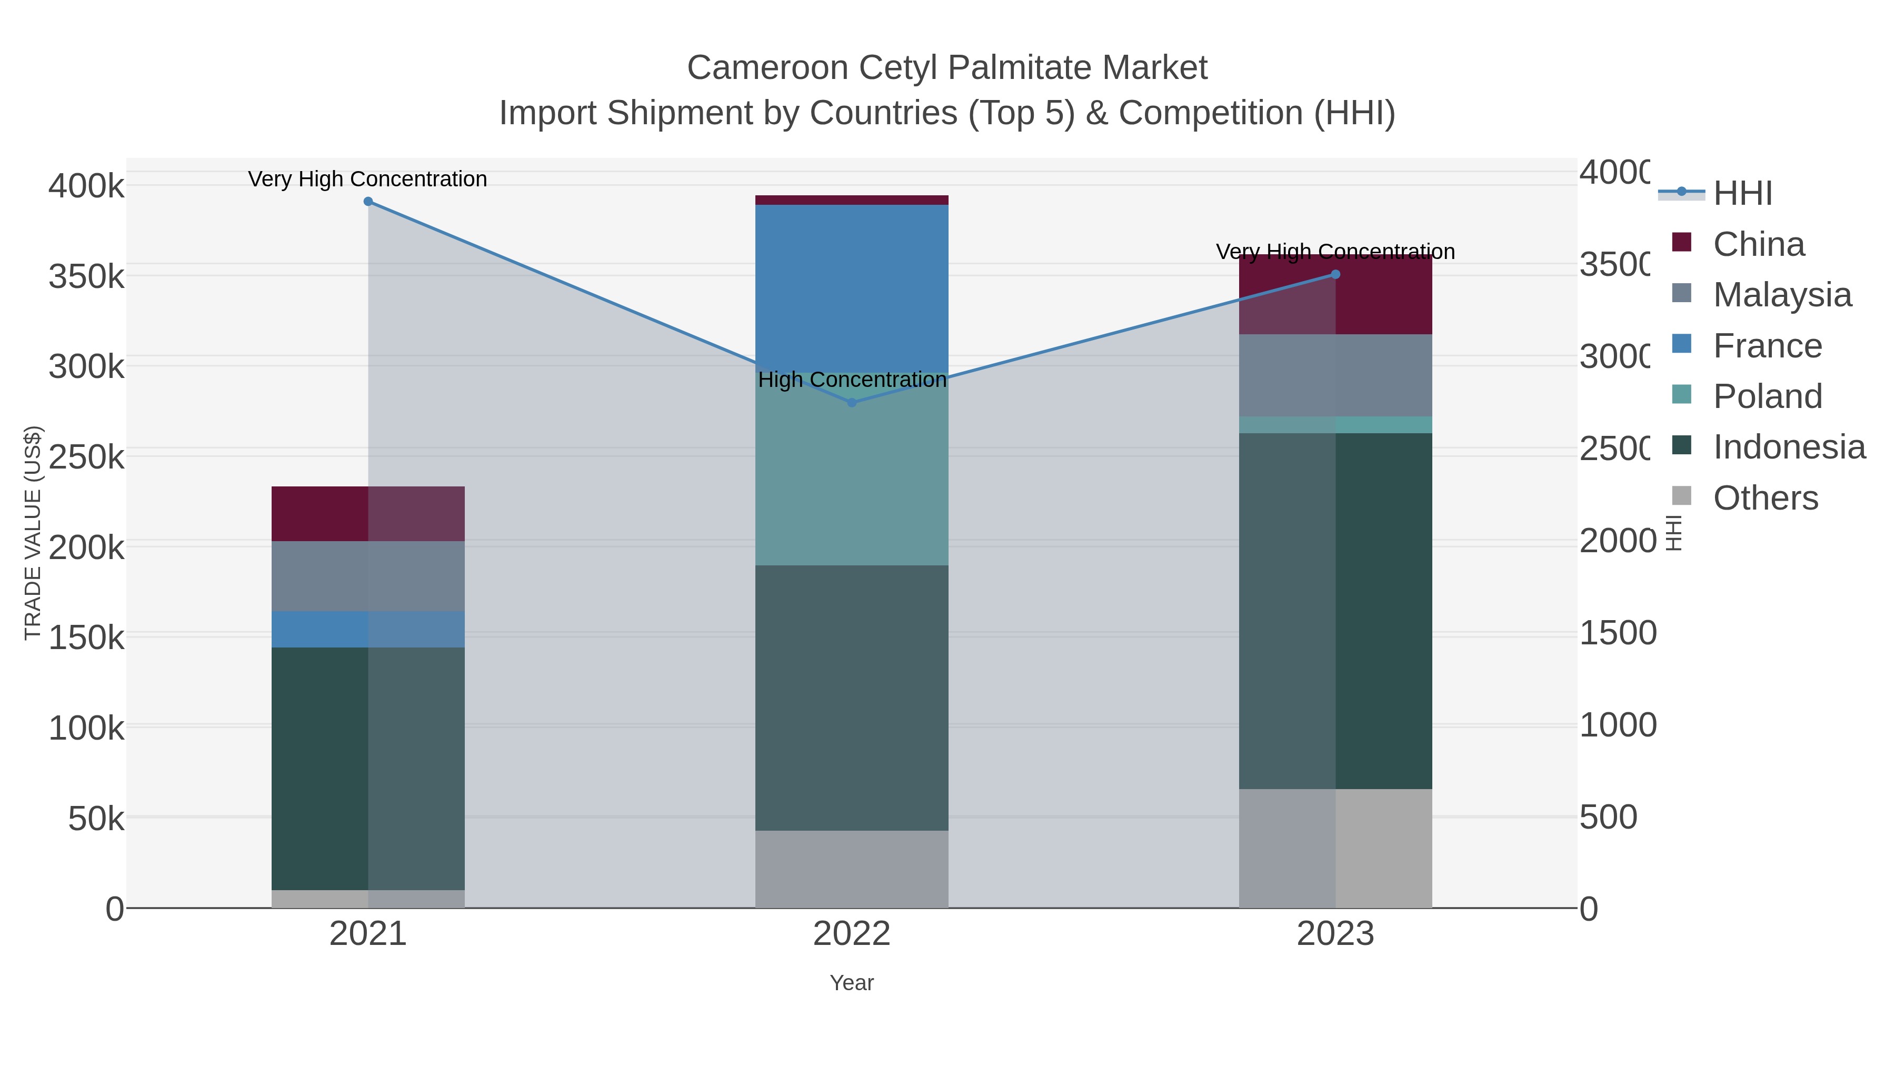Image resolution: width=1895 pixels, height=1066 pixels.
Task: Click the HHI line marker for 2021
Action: [x=368, y=202]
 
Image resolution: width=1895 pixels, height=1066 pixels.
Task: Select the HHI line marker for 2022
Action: [x=852, y=402]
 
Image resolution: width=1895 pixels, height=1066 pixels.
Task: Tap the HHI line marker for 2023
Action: [x=1336, y=274]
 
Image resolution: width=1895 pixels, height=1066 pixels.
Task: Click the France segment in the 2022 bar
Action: [x=852, y=287]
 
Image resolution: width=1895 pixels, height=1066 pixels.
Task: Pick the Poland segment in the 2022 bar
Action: [x=852, y=478]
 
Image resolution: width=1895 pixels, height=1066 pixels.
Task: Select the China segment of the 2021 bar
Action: [x=368, y=513]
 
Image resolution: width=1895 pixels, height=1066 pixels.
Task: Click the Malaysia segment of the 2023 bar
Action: [x=1336, y=375]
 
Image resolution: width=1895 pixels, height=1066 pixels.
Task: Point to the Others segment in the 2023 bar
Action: [x=1336, y=848]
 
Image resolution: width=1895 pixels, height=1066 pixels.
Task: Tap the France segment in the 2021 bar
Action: [x=368, y=629]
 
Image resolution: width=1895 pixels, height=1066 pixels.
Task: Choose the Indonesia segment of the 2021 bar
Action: [x=368, y=769]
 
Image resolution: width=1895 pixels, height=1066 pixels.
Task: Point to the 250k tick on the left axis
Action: [x=86, y=457]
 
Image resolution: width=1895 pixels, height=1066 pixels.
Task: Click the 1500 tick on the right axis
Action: [x=1617, y=633]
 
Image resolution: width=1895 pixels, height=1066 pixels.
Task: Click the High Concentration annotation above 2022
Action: [x=852, y=380]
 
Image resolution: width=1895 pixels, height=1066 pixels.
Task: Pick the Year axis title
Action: [x=852, y=983]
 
